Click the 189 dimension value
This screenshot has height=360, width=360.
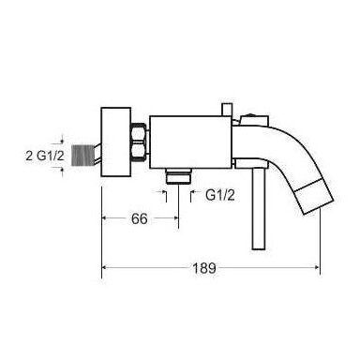[203, 268]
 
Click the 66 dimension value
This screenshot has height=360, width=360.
[140, 218]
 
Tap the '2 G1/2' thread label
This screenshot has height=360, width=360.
[45, 156]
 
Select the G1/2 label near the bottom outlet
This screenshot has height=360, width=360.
[220, 196]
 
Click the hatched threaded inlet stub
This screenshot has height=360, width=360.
[84, 156]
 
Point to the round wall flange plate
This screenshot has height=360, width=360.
[115, 142]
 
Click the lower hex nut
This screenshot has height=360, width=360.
[139, 151]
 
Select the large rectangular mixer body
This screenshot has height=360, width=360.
[190, 142]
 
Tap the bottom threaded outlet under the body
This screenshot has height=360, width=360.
[178, 176]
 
